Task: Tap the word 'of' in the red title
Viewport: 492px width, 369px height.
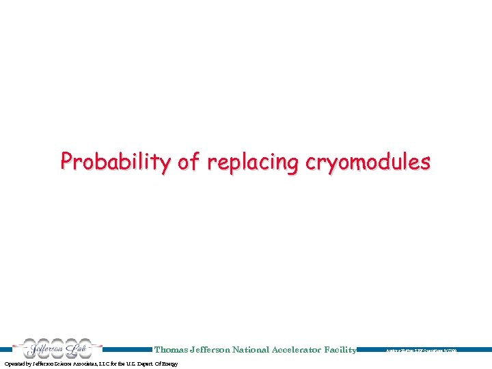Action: click(x=189, y=162)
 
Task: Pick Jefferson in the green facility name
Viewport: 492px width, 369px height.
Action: click(x=209, y=350)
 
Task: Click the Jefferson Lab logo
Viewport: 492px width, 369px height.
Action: click(x=57, y=348)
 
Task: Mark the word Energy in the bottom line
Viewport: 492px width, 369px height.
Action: click(x=170, y=364)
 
